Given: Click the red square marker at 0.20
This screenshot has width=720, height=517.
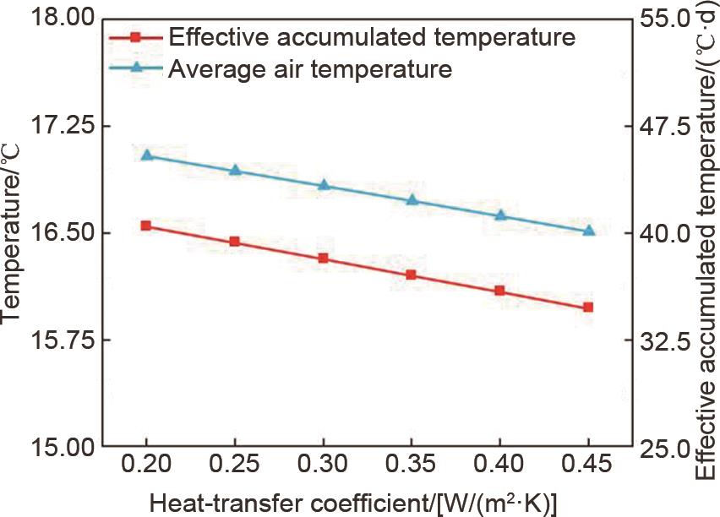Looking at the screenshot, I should pos(146,226).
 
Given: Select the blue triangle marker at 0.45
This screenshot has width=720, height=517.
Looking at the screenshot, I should pos(589,231).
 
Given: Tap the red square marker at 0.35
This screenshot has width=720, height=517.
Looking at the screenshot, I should pos(412,275).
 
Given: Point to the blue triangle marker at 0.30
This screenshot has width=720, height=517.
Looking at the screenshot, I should pos(324,184).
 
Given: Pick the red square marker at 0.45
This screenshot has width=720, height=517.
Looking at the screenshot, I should pos(589,307).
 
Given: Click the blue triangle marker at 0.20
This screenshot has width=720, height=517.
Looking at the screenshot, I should pos(146,155).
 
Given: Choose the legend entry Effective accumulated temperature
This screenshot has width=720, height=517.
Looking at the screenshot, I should pos(372,37).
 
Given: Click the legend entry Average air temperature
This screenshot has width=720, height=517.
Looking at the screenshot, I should pos(310,68).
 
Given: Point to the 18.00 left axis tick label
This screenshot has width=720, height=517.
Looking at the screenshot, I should pos(59,18).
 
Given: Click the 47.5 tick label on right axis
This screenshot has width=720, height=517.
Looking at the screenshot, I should pos(663,126).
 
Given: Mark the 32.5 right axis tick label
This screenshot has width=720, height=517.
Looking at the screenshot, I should pos(663,340).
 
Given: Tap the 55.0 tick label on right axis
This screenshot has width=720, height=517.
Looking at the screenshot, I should pos(663,18).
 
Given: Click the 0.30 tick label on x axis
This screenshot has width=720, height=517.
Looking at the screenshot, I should pos(324,465).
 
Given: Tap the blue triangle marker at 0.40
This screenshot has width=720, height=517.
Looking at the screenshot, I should pos(500,215).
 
